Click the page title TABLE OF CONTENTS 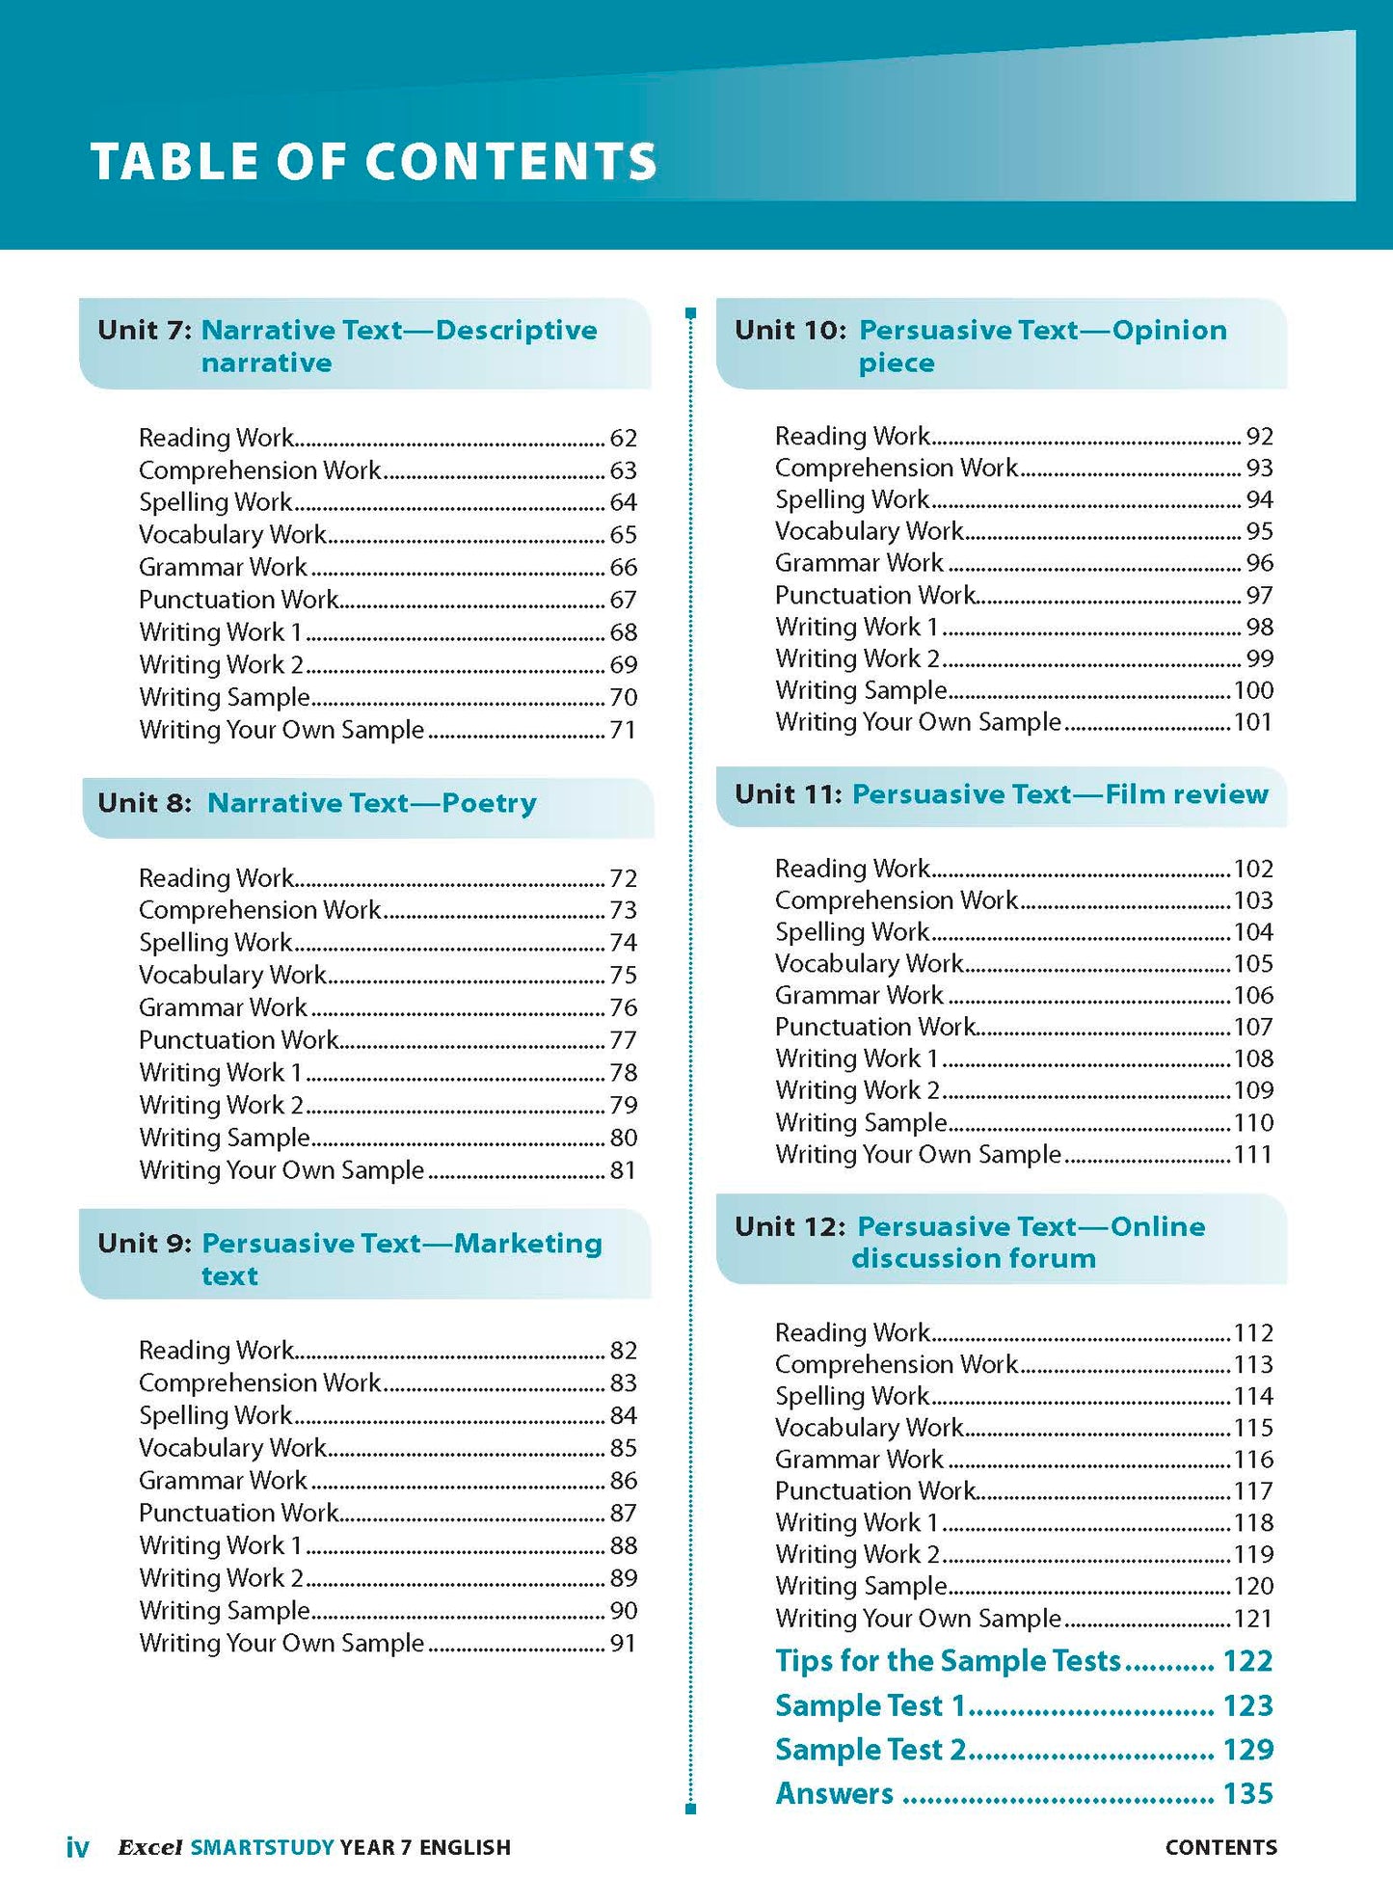pos(373,161)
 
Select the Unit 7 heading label pos(145,331)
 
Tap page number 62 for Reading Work pos(623,439)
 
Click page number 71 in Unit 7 pos(623,731)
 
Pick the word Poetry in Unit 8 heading pos(489,804)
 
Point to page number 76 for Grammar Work pos(623,1008)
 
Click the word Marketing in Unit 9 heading pos(527,1244)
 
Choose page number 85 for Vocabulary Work pos(623,1448)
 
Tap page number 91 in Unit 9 pos(623,1644)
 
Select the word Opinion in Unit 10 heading pos(1168,331)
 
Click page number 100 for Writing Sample pos(1253,691)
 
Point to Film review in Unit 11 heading pos(1186,794)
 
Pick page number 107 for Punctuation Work pos(1253,1028)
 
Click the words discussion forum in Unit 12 pos(974,1259)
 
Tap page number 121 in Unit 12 pos(1253,1619)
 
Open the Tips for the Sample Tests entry pos(948,1661)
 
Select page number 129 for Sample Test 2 pos(1247,1750)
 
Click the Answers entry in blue pos(835,1794)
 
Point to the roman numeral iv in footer pos(77,1848)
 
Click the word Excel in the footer pos(149,1848)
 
